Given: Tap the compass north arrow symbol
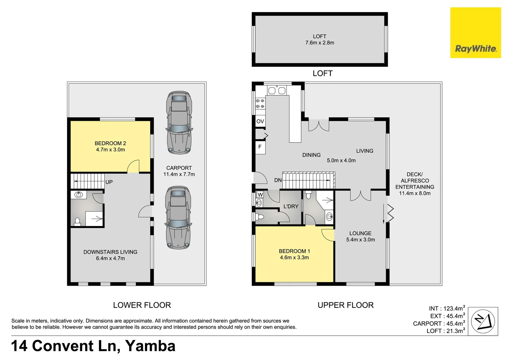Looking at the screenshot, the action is (483, 321).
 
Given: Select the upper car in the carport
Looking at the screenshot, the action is (179, 123).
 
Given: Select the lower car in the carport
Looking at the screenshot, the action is (178, 218).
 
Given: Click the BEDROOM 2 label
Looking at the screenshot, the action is (110, 143).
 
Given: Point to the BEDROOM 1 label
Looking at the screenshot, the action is (294, 251).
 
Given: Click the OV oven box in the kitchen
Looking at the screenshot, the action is (260, 121).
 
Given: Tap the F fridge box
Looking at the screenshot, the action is (260, 147).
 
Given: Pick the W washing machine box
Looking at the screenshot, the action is (260, 195).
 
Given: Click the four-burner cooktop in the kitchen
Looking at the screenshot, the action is (260, 103).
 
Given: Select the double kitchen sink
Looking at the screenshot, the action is (277, 91).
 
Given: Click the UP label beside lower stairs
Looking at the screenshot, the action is (109, 182).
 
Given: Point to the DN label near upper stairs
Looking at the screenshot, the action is (278, 180).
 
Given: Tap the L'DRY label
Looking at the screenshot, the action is (291, 207).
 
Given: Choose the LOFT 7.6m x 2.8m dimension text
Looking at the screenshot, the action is (320, 43).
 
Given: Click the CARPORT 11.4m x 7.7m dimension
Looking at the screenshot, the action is (179, 174).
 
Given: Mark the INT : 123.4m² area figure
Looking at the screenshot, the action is (447, 309).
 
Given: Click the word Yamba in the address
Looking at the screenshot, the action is (150, 346).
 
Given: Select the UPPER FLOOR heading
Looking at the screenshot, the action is (345, 305).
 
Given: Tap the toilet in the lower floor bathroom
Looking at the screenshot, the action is (77, 221).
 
